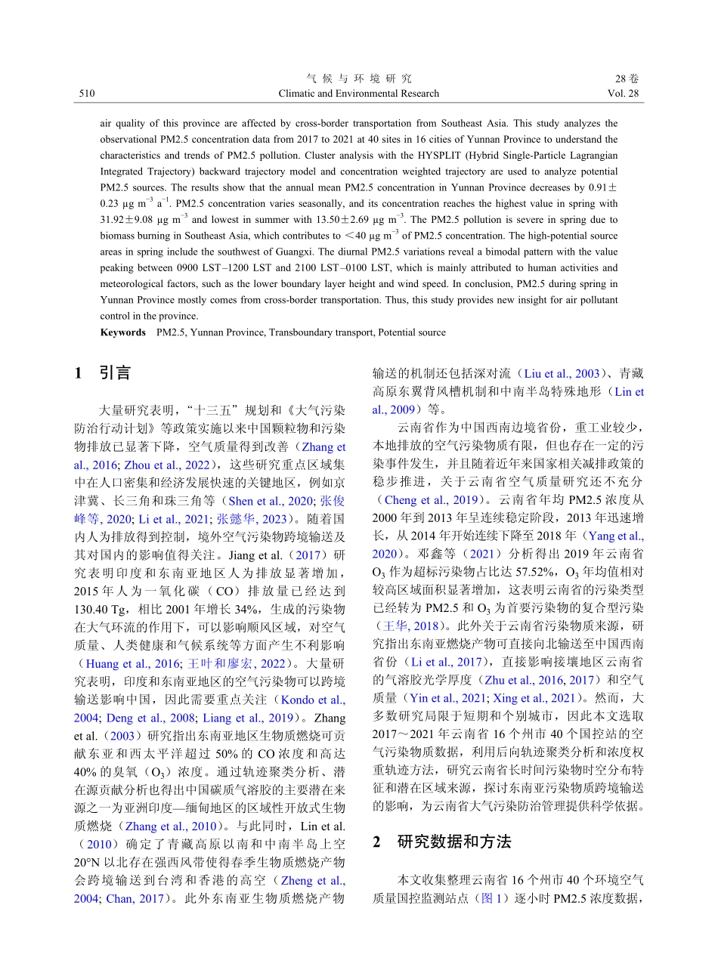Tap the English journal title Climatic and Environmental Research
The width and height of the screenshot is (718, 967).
358,94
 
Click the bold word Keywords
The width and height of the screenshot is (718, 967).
123,332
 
